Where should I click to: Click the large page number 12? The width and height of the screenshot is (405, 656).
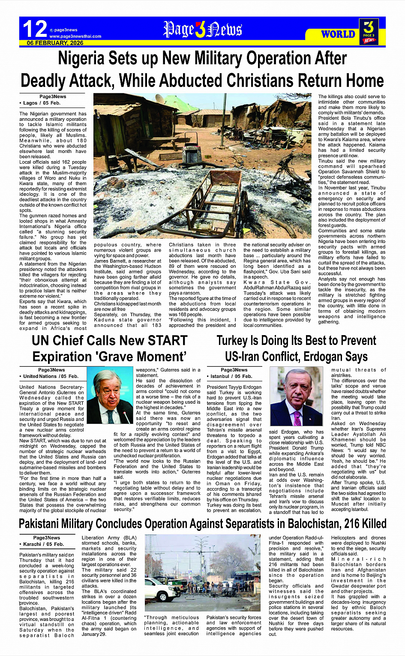(x=35, y=29)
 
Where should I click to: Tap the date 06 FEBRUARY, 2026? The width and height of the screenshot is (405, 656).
(x=55, y=43)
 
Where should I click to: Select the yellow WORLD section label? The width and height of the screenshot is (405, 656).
(x=338, y=34)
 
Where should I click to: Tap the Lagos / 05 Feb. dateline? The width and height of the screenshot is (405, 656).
(x=42, y=103)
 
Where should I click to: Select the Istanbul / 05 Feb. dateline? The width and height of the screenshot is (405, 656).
(x=231, y=376)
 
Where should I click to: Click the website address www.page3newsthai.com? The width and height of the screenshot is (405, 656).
(x=75, y=36)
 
